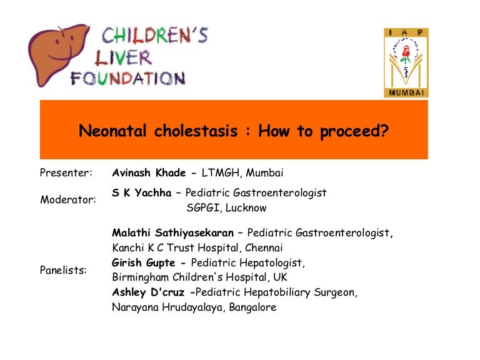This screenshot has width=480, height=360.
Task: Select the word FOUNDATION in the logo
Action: (x=127, y=79)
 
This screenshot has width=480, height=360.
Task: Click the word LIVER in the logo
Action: (x=123, y=57)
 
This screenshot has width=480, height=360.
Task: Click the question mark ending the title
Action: (x=384, y=132)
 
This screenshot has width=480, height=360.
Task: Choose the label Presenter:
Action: (x=66, y=172)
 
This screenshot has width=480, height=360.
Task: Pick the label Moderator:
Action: (x=68, y=200)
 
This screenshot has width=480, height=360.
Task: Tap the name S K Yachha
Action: (x=138, y=193)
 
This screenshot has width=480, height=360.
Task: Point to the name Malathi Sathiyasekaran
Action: (x=171, y=234)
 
